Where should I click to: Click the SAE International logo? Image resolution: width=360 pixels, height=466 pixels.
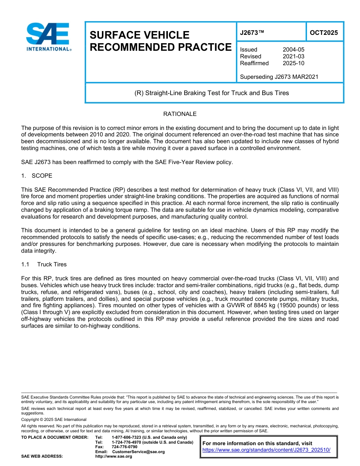click(48, 37)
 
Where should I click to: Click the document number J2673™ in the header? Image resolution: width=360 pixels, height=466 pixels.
click(252, 33)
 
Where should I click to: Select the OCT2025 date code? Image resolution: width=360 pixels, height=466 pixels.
click(324, 33)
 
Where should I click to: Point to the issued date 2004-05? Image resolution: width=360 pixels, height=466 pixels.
click(293, 50)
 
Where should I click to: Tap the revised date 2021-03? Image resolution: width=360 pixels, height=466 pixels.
click(293, 56)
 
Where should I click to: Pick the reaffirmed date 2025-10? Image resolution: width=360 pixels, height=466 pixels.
click(293, 63)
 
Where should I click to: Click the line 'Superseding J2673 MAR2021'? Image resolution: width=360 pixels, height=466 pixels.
click(279, 77)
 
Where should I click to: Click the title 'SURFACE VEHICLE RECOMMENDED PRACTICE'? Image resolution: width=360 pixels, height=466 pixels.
click(160, 41)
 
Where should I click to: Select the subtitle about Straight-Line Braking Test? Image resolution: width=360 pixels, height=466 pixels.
click(211, 93)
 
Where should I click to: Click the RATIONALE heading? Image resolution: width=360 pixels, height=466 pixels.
click(180, 114)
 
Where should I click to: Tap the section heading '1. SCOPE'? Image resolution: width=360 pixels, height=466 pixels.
click(37, 176)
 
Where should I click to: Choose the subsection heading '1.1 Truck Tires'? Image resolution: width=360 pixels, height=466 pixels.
click(44, 264)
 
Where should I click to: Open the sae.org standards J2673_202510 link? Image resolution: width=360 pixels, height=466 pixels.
click(266, 450)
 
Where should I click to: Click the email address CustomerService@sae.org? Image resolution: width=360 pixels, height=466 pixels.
click(138, 452)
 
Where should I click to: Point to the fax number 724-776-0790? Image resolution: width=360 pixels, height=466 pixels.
click(124, 447)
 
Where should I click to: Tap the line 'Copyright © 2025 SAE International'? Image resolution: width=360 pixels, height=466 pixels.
click(54, 419)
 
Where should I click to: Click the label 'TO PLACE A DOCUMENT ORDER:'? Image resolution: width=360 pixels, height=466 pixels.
click(55, 438)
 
